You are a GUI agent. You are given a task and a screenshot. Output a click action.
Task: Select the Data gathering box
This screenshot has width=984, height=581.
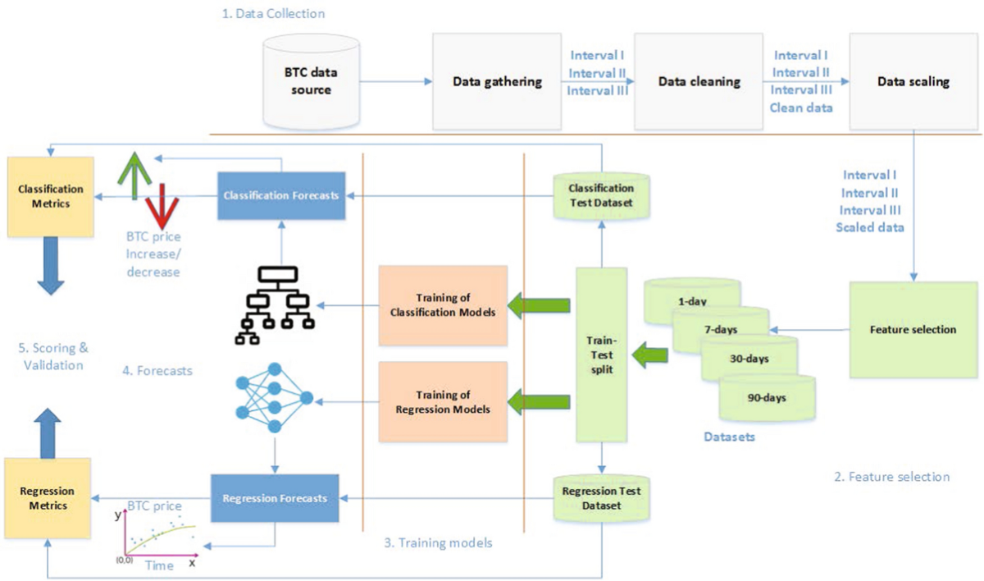497,82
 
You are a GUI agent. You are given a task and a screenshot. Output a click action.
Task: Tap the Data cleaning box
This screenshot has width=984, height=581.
699,82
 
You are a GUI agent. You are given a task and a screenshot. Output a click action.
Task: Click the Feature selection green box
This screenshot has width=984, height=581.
913,329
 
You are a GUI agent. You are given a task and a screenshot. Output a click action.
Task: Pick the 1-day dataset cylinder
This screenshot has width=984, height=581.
693,295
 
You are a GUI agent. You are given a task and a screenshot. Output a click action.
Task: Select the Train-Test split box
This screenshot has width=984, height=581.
602,355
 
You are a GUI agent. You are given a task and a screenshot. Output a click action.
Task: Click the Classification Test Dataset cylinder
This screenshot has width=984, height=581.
602,194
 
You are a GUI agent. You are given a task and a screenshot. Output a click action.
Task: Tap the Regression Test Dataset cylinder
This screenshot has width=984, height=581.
602,497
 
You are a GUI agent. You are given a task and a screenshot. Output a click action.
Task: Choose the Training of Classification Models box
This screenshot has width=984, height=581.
442,305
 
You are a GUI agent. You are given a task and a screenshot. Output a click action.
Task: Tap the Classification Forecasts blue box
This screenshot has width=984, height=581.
282,195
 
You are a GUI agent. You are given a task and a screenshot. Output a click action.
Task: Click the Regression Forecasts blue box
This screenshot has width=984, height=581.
274,497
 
